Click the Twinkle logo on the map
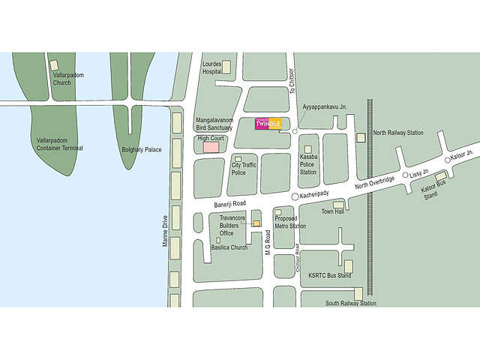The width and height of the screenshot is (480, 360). pos(268,124)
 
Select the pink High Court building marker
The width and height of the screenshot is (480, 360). pos(211,147)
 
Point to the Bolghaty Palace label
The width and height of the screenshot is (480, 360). pos(142,149)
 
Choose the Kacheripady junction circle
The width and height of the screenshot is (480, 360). pos(295,196)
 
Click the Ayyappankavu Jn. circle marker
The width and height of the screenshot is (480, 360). pos(295,132)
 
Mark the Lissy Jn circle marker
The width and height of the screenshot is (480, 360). pos(406,175)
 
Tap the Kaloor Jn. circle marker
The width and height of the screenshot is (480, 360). pos(448,160)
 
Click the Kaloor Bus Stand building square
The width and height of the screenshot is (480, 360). pos(441,176)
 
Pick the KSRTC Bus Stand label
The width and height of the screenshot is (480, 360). pos(329,275)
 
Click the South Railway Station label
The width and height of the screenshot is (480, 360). pos(350,303)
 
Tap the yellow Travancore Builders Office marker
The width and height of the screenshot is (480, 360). pos(256,223)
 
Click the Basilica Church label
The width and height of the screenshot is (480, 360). pos(229,247)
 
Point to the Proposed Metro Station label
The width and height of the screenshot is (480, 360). pos(290,222)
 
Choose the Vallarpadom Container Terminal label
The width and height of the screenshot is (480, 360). pos(60,145)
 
